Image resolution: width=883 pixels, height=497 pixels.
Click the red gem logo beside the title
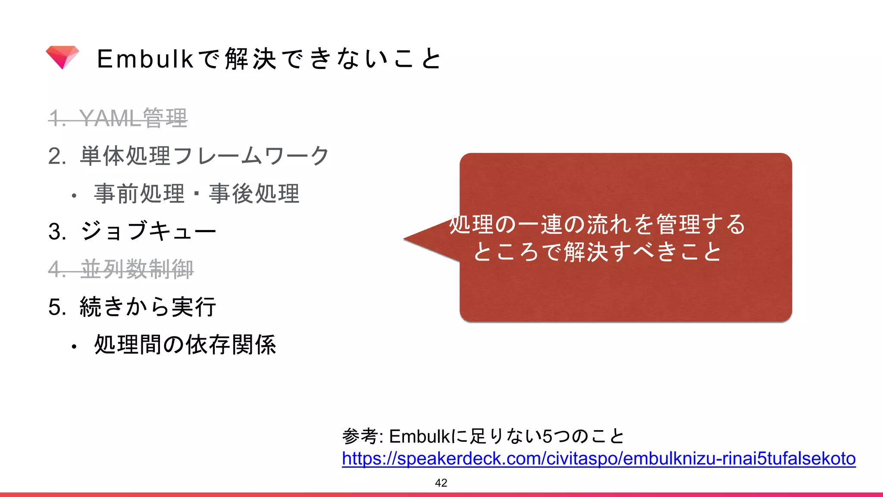pos(63,57)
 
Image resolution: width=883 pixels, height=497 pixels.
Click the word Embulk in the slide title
pos(145,59)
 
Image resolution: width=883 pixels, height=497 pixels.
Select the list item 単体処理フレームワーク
pos(205,156)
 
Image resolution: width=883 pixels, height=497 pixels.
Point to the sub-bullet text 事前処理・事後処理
pos(197,193)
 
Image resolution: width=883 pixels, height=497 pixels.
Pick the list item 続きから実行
pos(148,307)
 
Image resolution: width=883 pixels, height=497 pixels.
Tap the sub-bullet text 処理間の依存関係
pos(185,345)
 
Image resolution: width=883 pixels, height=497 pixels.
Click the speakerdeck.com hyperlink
pos(598,459)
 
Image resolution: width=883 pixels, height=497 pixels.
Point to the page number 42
pos(441,483)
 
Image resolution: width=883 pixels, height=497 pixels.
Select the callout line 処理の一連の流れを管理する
pos(597,224)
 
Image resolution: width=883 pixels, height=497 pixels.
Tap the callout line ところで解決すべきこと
pos(597,252)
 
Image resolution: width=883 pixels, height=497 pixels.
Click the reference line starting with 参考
pos(483,436)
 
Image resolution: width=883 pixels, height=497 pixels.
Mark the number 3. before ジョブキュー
pos(57,232)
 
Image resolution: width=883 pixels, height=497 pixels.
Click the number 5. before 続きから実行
pos(57,307)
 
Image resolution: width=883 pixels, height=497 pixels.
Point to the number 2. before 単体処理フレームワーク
pos(57,156)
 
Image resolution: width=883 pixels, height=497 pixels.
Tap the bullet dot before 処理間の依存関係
pos(74,346)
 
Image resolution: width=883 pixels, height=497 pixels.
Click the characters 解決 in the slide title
pos(250,59)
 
